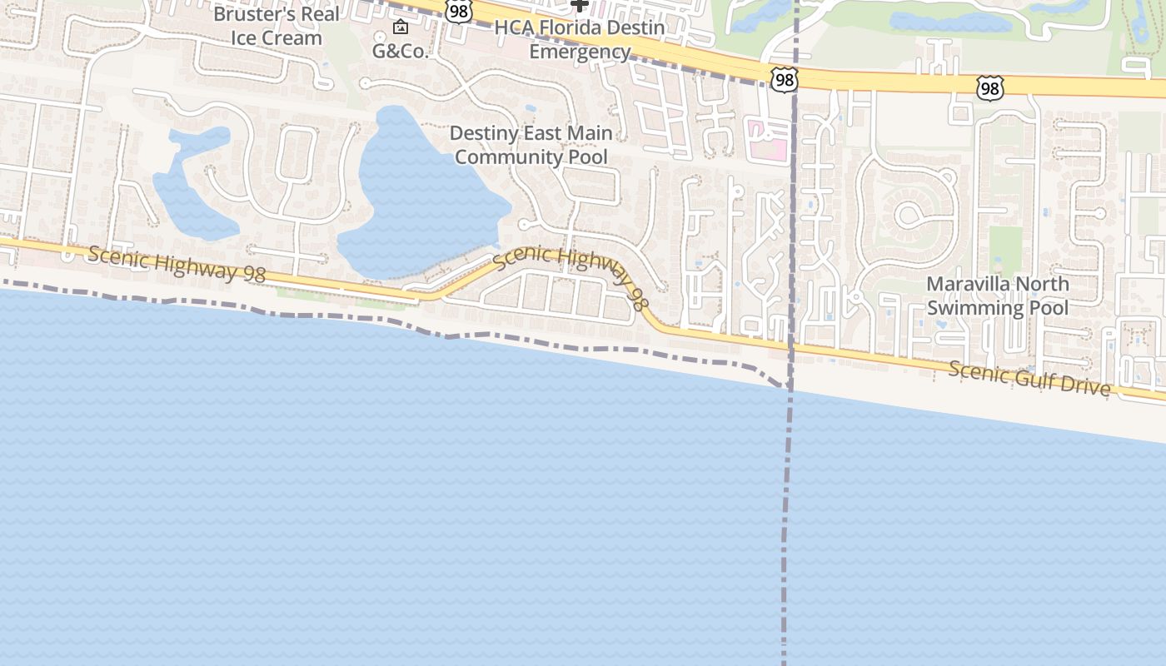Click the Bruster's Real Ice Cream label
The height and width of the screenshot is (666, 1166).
coord(277,26)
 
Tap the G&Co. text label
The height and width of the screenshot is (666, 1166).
coord(400,51)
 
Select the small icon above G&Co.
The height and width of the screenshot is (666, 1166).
coord(401,27)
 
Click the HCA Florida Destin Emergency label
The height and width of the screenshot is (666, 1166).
coord(580,39)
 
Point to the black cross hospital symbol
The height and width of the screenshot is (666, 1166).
coord(580,4)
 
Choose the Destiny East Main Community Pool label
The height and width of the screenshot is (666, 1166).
coord(531,145)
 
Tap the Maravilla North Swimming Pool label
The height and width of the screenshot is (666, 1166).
coord(998,296)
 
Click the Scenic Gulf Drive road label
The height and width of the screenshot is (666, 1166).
coord(1029,379)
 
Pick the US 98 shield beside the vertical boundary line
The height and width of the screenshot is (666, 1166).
coord(784,80)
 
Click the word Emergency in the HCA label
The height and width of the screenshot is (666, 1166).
coord(580,52)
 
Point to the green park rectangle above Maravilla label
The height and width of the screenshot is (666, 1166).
coord(1005,250)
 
